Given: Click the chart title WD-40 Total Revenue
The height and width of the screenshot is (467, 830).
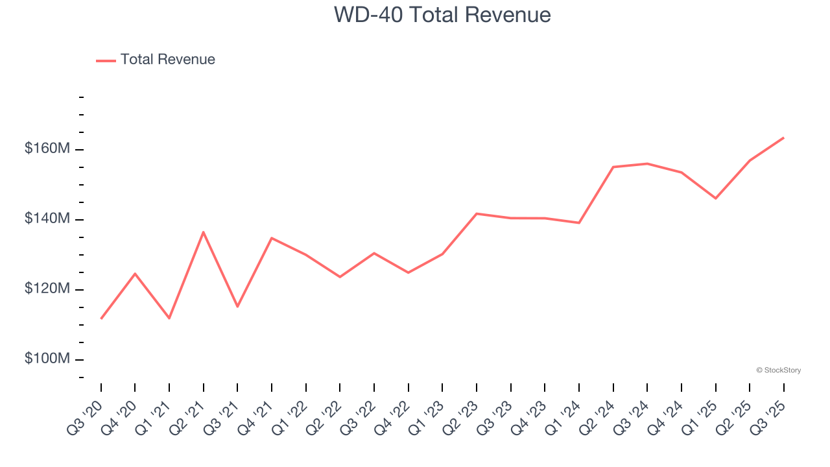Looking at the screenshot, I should click(x=442, y=14).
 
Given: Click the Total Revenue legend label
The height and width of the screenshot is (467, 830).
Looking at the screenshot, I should click(x=167, y=60).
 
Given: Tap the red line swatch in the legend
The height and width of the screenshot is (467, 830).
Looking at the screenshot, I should click(x=106, y=60).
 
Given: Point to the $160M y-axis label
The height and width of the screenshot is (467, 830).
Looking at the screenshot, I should click(x=47, y=149).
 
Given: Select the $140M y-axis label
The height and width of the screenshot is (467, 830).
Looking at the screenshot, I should click(x=47, y=219).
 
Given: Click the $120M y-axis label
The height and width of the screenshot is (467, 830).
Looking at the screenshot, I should click(x=47, y=289).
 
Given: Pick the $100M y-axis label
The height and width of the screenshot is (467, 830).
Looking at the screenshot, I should click(x=47, y=359).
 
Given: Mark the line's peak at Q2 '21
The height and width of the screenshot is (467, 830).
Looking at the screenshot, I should click(x=204, y=232).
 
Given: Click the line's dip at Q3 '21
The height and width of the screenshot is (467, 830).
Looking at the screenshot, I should click(x=237, y=306).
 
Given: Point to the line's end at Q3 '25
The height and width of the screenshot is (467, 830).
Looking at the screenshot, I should click(x=783, y=138).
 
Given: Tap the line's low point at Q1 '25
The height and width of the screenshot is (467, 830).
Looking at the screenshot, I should click(x=715, y=198).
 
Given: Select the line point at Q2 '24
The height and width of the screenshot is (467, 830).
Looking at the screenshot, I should click(x=613, y=167).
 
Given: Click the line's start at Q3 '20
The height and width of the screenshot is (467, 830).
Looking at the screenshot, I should click(x=101, y=318).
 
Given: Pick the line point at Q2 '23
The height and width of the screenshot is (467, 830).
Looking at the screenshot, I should click(x=477, y=213).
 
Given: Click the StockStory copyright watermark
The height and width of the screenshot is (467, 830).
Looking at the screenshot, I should click(x=778, y=370).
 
